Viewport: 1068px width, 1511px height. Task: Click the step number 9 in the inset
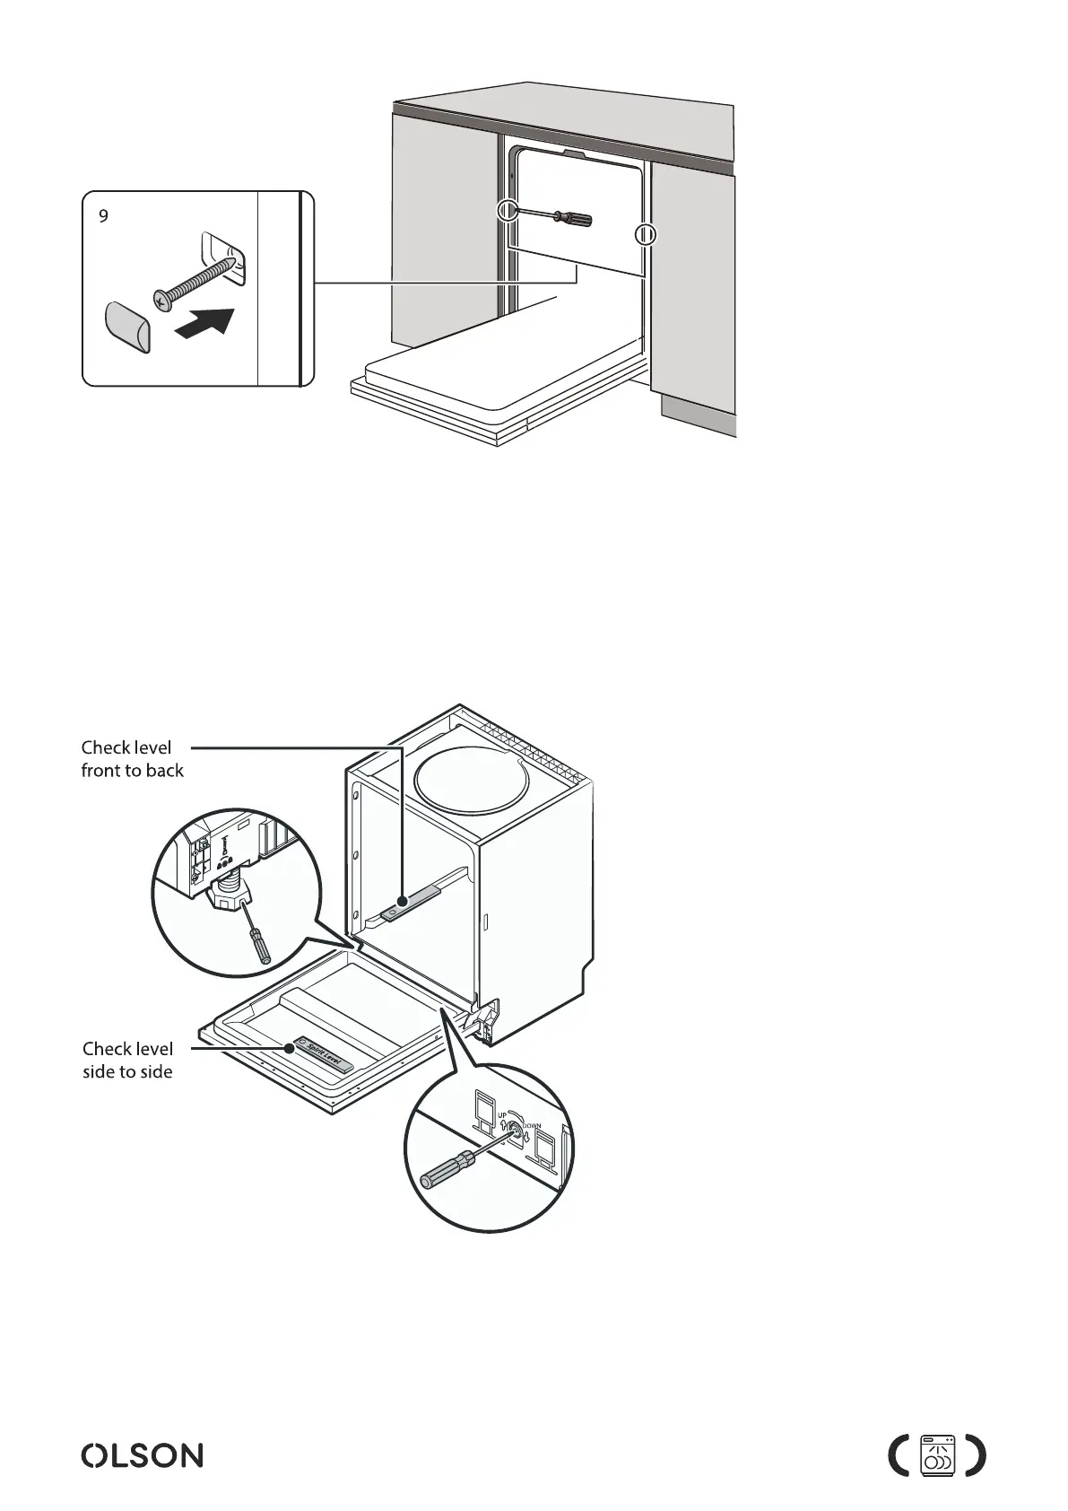point(104,216)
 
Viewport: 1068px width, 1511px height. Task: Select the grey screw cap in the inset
point(128,327)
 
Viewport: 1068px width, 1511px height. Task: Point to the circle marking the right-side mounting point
point(646,235)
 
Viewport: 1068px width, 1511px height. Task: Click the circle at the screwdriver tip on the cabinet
point(508,211)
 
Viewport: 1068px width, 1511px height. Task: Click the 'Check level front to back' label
point(132,759)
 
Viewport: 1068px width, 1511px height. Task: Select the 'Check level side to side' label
point(127,1060)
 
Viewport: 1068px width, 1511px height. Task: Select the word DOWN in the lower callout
point(531,1126)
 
